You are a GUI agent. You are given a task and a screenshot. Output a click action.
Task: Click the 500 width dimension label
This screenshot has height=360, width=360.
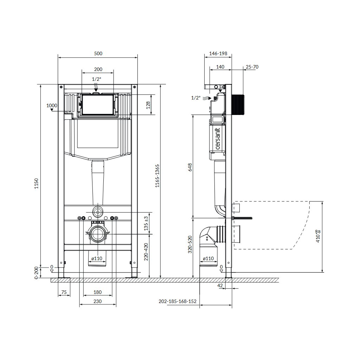[x=98, y=53]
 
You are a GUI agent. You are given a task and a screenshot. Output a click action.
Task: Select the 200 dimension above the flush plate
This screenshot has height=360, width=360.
[x=98, y=69]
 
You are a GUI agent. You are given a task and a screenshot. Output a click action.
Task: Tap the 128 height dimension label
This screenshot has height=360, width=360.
[x=148, y=105]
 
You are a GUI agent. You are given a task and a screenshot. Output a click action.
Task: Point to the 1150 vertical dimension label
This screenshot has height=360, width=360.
[x=37, y=184]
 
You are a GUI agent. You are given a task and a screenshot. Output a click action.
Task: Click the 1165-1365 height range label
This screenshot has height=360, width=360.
[x=157, y=176]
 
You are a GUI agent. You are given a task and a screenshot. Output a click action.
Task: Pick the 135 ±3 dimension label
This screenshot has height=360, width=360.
[x=146, y=223]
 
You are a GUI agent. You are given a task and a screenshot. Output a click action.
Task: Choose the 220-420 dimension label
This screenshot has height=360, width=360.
[x=146, y=252]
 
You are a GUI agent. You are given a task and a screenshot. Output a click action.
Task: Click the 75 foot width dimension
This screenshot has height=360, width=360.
[x=64, y=292]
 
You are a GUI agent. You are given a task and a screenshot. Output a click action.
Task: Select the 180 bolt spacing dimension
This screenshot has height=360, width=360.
[x=98, y=292]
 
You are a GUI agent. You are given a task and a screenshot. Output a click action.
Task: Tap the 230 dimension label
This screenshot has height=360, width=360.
[x=98, y=301]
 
